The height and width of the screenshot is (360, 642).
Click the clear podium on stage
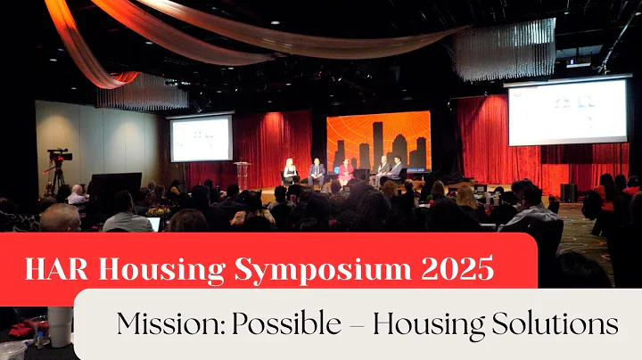(x=242, y=175)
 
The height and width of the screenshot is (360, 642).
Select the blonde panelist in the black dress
(x=289, y=172)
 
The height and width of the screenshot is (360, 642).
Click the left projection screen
(x=201, y=138)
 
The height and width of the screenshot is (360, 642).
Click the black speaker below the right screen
(x=568, y=192)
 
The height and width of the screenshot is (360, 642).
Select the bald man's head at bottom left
(x=60, y=217)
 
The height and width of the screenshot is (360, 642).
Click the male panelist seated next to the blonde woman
(x=317, y=171)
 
